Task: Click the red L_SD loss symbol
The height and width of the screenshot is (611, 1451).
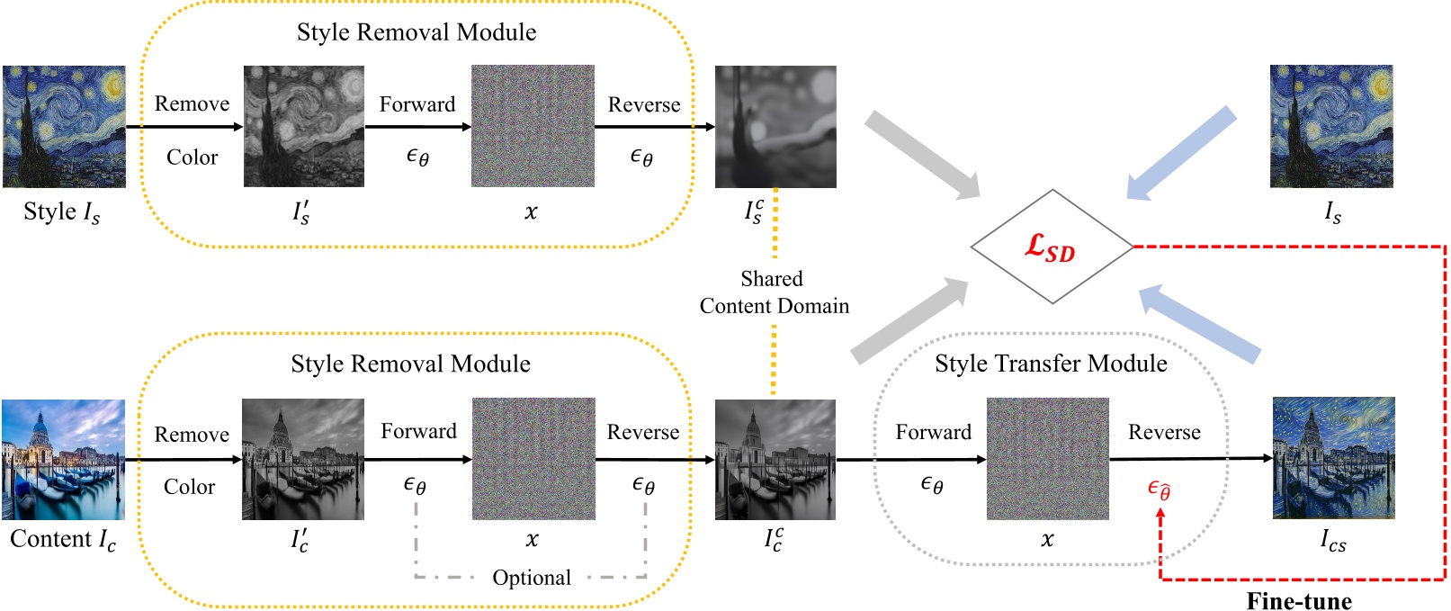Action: pos(1050,247)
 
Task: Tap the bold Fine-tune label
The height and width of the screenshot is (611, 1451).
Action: pos(1298,600)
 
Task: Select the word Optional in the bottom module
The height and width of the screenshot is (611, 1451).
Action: pos(531,578)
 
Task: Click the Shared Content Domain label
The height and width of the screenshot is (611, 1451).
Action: pos(774,292)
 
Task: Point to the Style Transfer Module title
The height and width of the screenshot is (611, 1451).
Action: pos(1051,364)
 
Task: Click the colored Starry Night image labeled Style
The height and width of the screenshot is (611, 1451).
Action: pos(64,126)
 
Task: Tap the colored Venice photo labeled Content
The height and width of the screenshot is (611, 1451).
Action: pos(63,459)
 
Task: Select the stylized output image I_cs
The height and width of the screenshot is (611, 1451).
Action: pos(1333,458)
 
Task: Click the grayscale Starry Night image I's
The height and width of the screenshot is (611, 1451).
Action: pos(304,126)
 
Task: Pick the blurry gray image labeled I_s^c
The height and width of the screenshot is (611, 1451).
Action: pos(775,126)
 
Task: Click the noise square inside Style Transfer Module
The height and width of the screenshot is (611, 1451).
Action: pos(1047,459)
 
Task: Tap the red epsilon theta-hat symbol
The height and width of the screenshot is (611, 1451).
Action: pos(1159,490)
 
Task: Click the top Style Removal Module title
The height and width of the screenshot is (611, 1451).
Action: pos(416,32)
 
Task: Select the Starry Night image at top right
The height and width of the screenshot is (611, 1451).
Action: pos(1331,126)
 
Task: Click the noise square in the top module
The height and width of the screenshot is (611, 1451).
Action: pos(533,126)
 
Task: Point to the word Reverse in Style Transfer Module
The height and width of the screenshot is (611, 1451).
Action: pos(1164,432)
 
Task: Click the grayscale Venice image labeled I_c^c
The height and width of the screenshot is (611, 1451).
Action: pos(775,459)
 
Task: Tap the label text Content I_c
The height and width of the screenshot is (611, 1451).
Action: pos(63,539)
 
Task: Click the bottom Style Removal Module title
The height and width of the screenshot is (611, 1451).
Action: pos(410,364)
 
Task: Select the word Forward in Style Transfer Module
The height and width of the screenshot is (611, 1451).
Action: pos(933,432)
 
